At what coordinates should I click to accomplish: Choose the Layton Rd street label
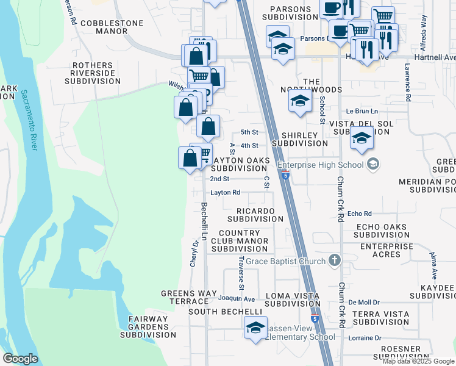[226, 192]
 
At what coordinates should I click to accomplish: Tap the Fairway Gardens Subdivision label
[148, 326]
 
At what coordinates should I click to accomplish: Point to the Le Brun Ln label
[362, 111]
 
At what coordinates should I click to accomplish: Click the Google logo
[20, 359]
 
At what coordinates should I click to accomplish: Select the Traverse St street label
[241, 272]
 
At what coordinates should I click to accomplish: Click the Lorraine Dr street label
[365, 337]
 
